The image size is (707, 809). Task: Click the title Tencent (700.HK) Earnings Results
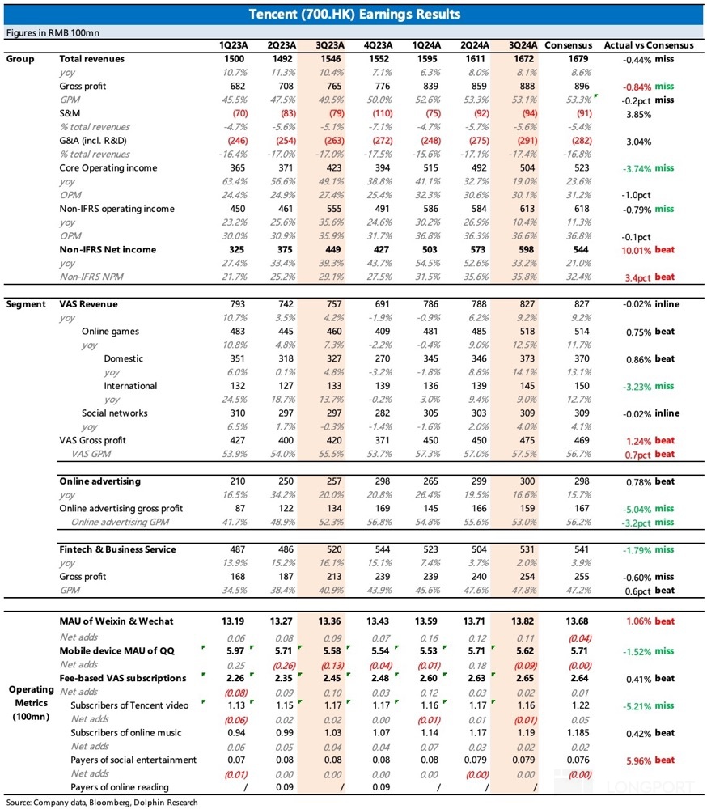(354, 14)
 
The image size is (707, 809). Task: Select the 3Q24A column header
(523, 45)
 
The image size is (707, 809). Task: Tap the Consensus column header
(568, 45)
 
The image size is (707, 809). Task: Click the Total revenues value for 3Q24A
(524, 59)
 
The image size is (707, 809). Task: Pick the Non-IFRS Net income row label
(108, 249)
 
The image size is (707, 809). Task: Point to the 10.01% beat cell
(648, 250)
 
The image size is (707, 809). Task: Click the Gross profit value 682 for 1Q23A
(237, 87)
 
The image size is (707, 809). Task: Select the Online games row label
(110, 331)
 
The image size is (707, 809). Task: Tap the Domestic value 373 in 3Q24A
(527, 358)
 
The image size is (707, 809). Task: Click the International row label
(130, 386)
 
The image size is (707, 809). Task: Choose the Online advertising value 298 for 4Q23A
(383, 481)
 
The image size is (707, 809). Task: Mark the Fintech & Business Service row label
(117, 549)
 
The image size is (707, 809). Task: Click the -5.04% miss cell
(648, 509)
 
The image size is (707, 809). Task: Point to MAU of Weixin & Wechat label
(116, 621)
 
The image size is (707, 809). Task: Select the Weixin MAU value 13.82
(523, 621)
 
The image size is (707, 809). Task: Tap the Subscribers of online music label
(126, 733)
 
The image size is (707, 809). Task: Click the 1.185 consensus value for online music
(581, 733)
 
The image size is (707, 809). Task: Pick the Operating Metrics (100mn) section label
(31, 703)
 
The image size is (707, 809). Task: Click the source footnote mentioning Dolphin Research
(102, 803)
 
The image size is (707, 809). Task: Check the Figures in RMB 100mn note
(53, 32)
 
